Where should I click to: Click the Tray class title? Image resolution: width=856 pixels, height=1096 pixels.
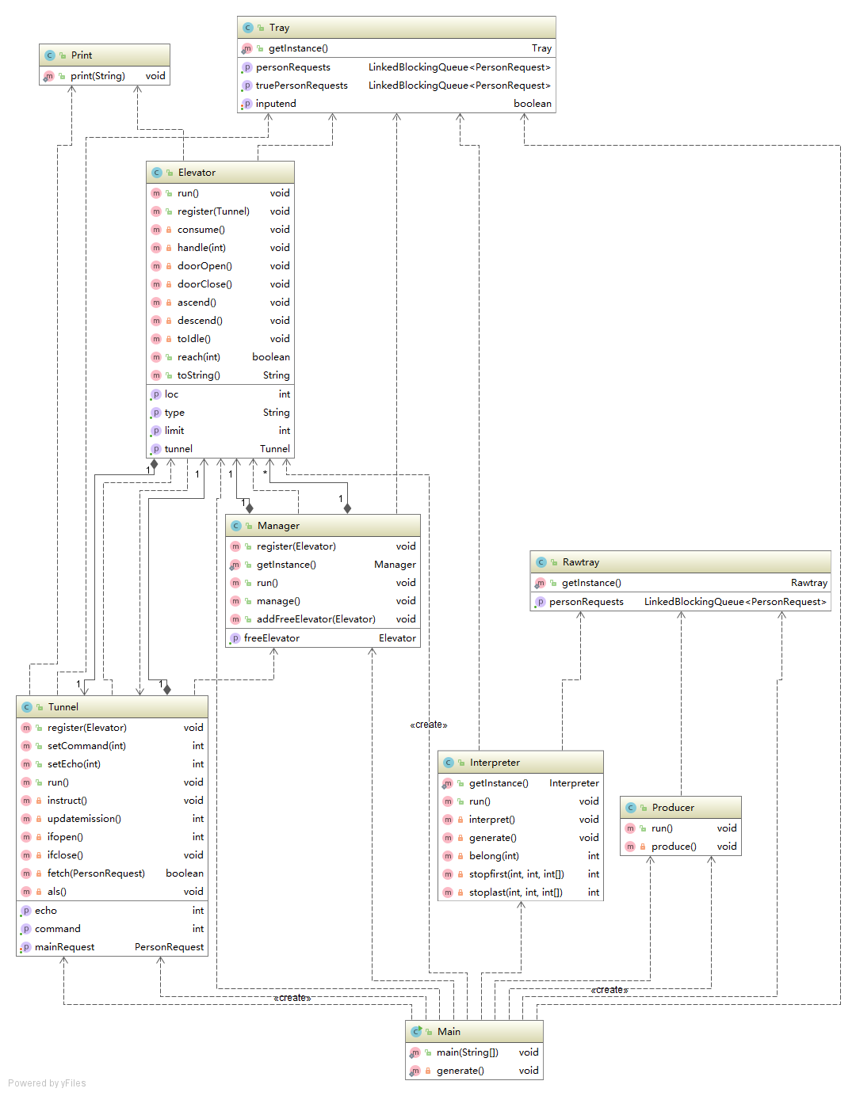pyautogui.click(x=279, y=28)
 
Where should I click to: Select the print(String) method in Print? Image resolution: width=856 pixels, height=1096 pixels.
pyautogui.click(x=97, y=76)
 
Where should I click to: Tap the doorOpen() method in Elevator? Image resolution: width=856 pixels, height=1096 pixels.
pyautogui.click(x=204, y=266)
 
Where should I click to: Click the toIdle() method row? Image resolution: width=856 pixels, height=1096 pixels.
pyautogui.click(x=194, y=339)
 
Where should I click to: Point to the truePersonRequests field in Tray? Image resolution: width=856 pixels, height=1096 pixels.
pyautogui.click(x=301, y=86)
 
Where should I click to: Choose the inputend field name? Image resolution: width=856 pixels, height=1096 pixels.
pyautogui.click(x=276, y=104)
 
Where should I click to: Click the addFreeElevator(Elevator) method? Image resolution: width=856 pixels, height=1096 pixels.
pyautogui.click(x=315, y=619)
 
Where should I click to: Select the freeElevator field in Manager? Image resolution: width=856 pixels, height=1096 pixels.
pyautogui.click(x=272, y=638)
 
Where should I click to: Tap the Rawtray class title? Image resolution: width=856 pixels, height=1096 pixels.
pyautogui.click(x=580, y=562)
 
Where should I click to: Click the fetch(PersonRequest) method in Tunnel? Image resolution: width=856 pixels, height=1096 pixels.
pyautogui.click(x=96, y=873)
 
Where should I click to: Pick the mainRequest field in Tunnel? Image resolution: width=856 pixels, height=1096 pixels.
pyautogui.click(x=64, y=947)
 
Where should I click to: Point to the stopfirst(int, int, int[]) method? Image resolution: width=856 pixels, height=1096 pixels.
pyautogui.click(x=516, y=874)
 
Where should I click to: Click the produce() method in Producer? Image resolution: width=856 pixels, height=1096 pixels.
pyautogui.click(x=674, y=847)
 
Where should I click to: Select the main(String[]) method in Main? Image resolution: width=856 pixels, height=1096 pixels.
pyautogui.click(x=467, y=1052)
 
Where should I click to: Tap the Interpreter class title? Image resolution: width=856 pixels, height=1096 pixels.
pyautogui.click(x=495, y=763)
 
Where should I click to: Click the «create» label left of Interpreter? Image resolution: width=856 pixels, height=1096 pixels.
pyautogui.click(x=428, y=725)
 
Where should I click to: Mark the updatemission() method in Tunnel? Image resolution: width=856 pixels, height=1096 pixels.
pyautogui.click(x=84, y=819)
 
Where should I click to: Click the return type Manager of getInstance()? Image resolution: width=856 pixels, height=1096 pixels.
pyautogui.click(x=395, y=565)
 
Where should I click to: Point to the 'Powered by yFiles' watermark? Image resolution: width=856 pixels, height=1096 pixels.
pyautogui.click(x=48, y=1083)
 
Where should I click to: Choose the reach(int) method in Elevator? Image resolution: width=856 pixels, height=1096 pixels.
pyautogui.click(x=199, y=357)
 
